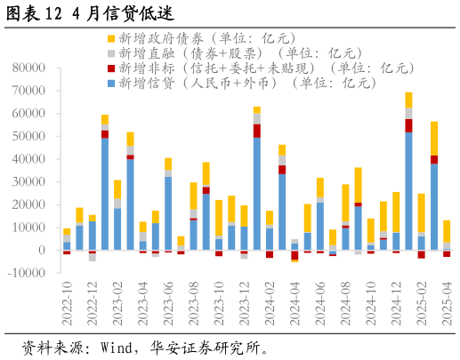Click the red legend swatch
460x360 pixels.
click(x=110, y=68)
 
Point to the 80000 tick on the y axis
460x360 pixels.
click(x=29, y=68)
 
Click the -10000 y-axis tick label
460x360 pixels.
click(x=27, y=273)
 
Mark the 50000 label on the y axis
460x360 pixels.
click(x=29, y=136)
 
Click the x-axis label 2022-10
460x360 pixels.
click(x=67, y=305)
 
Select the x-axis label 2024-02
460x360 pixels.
click(x=270, y=305)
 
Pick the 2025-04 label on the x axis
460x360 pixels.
click(x=447, y=305)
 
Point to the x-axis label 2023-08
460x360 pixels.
click(x=193, y=305)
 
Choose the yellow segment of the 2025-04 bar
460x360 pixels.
click(x=447, y=231)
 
